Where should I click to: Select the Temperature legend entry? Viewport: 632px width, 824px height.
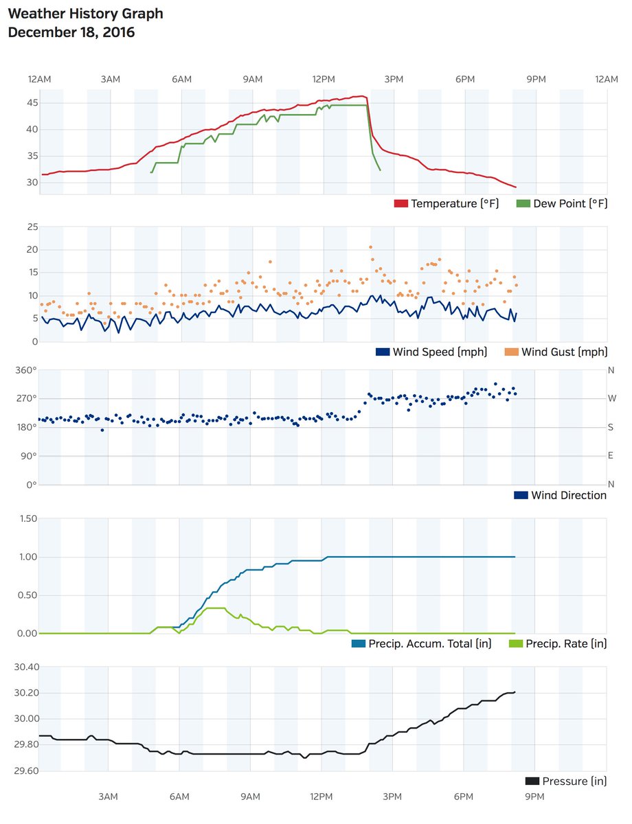[x=454, y=204]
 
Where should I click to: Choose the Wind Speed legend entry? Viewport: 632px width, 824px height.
[x=440, y=352]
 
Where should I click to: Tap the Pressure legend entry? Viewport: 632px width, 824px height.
[x=574, y=781]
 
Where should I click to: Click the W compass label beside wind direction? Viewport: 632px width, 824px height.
[x=611, y=399]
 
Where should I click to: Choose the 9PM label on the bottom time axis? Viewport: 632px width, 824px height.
[x=534, y=797]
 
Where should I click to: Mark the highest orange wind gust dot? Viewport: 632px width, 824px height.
[x=371, y=247]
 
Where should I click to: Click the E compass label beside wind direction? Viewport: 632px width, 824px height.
[x=611, y=456]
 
